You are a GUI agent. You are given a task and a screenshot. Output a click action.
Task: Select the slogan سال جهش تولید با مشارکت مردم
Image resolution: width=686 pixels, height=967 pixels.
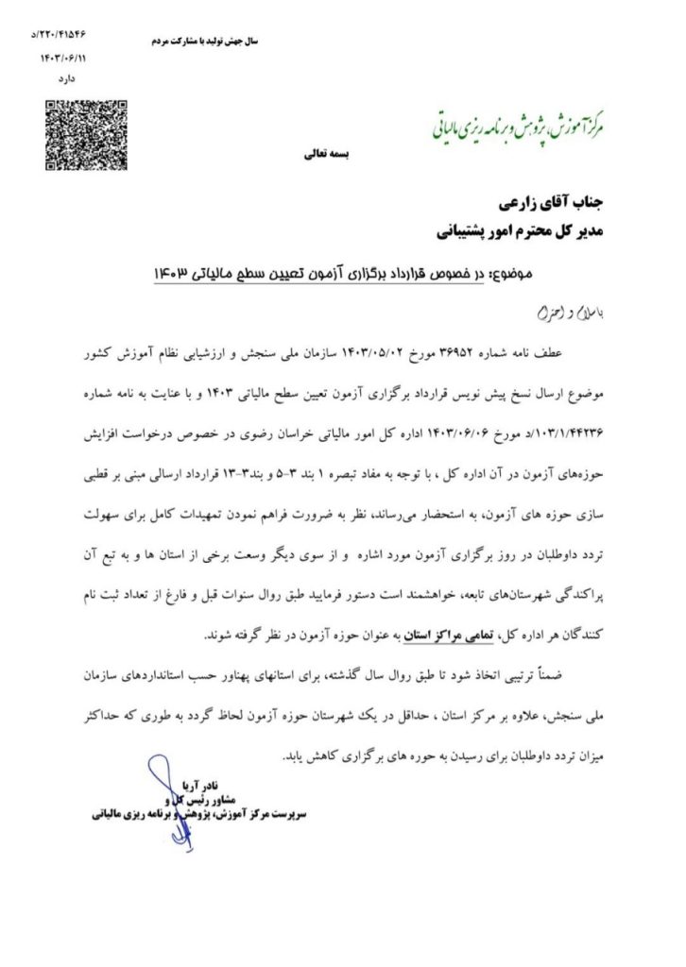click(205, 41)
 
